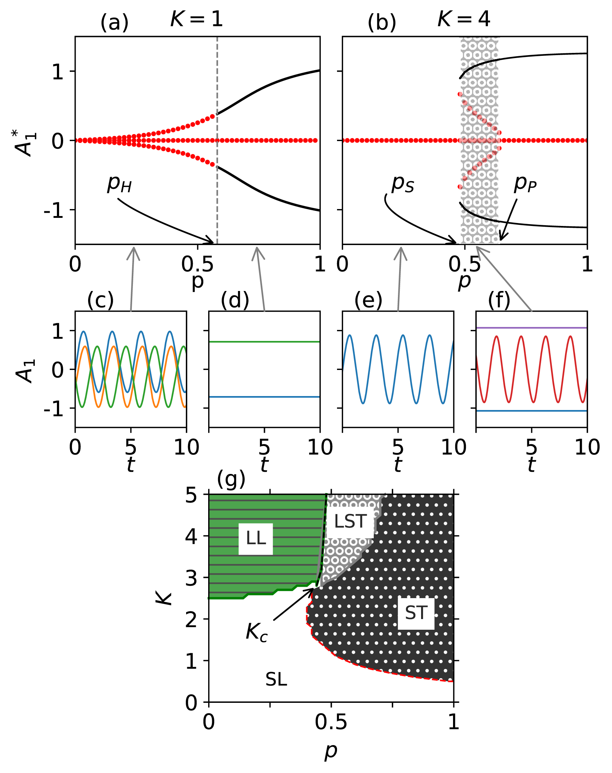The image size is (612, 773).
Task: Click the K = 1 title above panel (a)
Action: (x=196, y=19)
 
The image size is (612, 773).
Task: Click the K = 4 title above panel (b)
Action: (x=464, y=19)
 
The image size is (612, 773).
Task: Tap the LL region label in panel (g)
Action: (x=256, y=539)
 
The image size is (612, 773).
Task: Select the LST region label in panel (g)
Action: (x=350, y=522)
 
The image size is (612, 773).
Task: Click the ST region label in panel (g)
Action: (x=416, y=613)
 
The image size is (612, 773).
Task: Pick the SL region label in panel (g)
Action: (x=276, y=680)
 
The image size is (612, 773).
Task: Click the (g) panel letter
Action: (x=231, y=479)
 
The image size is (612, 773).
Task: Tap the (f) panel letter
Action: (x=499, y=300)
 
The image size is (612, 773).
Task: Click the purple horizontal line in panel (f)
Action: (x=532, y=328)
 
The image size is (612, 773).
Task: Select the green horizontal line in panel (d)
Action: (x=264, y=342)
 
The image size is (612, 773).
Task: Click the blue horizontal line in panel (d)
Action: (x=264, y=397)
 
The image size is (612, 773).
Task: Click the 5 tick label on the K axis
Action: (x=191, y=496)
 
